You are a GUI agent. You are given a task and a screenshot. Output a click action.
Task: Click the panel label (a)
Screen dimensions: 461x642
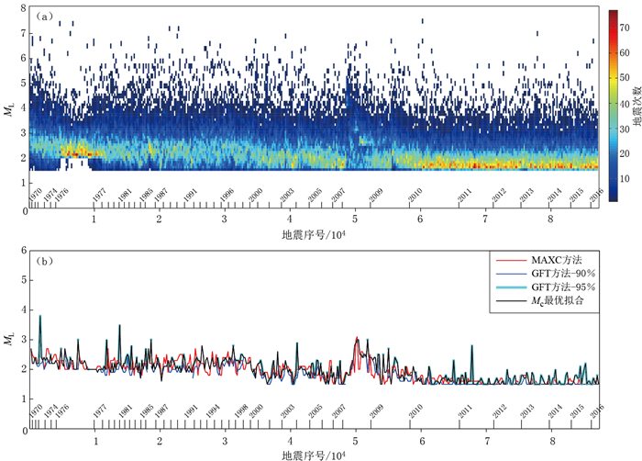42,17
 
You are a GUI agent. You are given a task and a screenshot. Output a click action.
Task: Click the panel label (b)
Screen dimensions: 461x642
42,260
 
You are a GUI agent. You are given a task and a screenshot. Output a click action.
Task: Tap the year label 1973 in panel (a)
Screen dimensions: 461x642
50,195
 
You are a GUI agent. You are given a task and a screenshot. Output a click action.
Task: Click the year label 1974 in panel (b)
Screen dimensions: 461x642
51,411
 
